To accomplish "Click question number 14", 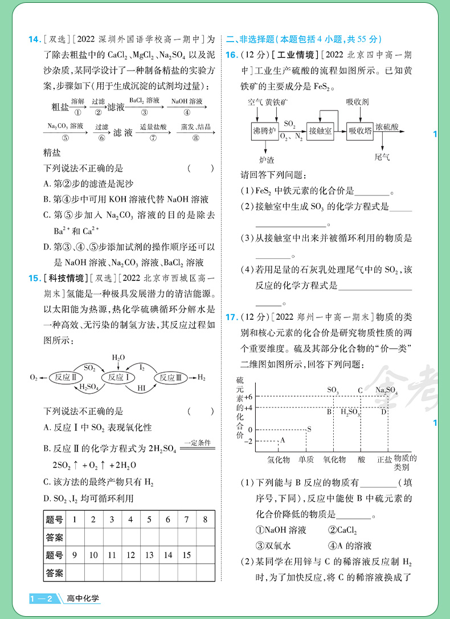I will click(x=34, y=39).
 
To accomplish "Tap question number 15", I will click(x=34, y=278).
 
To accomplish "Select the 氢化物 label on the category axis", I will click(x=279, y=459).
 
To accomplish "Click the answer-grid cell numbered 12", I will click(x=130, y=555).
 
